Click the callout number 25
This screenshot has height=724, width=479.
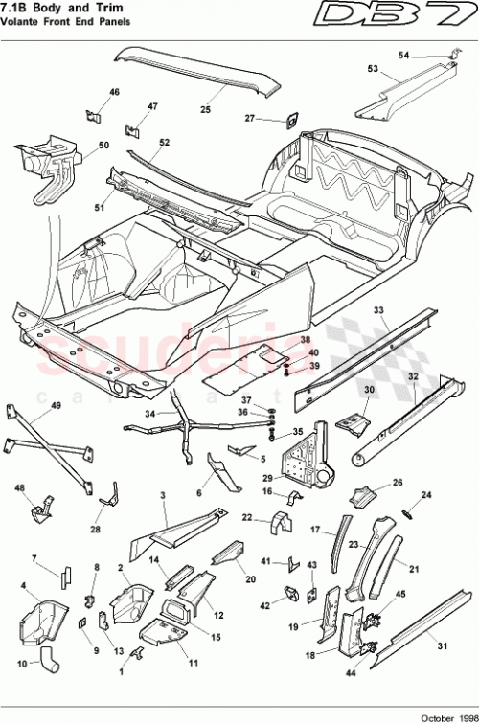pyautogui.click(x=205, y=109)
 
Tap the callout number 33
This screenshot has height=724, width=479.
pyautogui.click(x=378, y=310)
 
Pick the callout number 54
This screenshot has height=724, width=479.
pyautogui.click(x=430, y=55)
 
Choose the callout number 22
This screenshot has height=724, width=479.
pyautogui.click(x=246, y=518)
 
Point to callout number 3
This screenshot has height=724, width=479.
pyautogui.click(x=164, y=495)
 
